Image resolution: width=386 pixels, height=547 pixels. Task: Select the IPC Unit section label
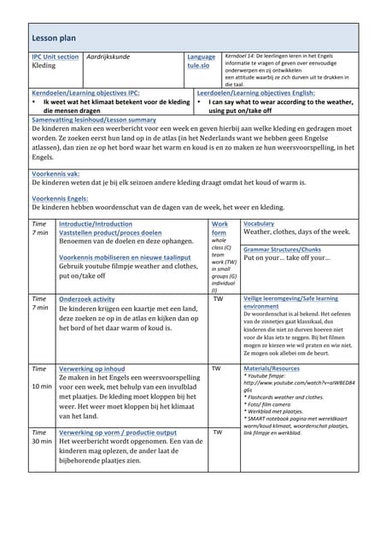[55, 56]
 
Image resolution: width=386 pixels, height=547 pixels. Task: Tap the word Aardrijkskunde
[108, 56]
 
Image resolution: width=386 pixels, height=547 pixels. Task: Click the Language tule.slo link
[201, 61]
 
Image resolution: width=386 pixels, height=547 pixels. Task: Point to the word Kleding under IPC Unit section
[44, 66]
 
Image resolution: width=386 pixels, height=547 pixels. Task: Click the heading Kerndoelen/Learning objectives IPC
[85, 92]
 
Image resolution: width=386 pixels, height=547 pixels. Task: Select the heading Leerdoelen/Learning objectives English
[255, 92]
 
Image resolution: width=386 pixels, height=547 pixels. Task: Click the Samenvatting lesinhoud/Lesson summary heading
[93, 121]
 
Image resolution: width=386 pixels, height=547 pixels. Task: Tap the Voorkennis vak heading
[56, 173]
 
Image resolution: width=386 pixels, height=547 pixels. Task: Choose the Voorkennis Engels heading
[60, 197]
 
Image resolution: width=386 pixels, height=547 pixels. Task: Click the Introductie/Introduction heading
[96, 224]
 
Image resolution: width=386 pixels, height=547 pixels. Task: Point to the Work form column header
[219, 228]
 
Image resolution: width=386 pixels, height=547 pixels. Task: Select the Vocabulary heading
[259, 223]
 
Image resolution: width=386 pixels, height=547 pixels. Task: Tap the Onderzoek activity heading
[86, 299]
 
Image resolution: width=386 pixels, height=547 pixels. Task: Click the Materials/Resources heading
[272, 368]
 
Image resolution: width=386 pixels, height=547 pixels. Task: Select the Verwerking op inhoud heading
[91, 368]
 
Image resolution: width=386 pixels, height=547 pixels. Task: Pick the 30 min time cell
[41, 442]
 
